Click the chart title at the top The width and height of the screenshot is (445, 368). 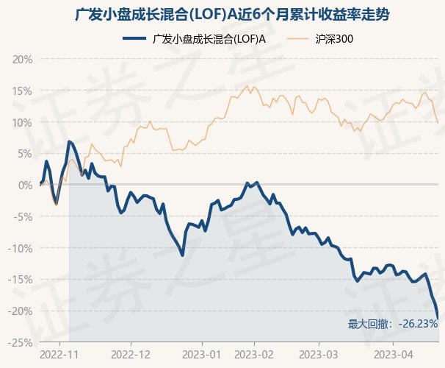point(222,15)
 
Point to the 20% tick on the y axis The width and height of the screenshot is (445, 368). point(22,59)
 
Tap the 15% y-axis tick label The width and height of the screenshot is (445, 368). point(22,91)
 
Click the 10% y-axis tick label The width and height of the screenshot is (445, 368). point(22,122)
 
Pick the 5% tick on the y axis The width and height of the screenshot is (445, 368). point(24,153)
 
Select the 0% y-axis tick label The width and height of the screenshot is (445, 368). point(24,185)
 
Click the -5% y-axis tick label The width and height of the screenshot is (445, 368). point(23,216)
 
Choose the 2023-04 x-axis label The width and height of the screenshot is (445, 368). point(392,354)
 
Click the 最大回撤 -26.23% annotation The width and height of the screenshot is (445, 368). point(393,324)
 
